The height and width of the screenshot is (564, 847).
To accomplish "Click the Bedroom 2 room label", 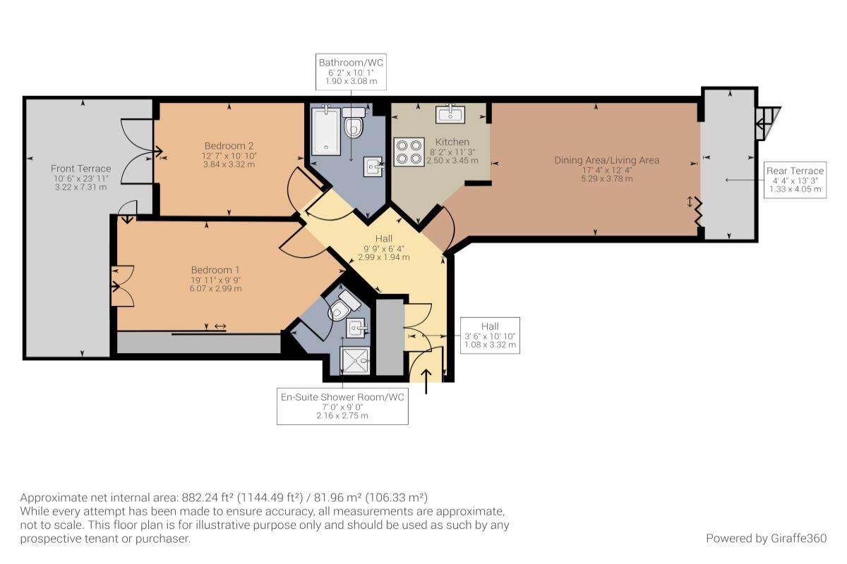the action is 229,146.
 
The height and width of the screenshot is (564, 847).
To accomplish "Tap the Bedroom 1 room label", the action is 215,270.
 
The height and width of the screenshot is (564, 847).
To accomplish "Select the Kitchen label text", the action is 452,142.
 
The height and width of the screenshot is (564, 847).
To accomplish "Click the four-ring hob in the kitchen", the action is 409,152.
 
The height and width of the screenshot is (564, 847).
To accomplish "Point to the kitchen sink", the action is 450,114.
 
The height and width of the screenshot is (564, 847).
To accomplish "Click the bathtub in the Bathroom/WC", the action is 325,130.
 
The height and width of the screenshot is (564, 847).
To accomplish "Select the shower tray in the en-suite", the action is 355,361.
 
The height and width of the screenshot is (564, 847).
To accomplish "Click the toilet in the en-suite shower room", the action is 344,306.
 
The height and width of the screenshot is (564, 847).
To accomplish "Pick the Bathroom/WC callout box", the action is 351,72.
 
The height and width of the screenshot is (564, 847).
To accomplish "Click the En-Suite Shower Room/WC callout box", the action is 342,406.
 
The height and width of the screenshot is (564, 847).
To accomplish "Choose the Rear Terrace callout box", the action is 795,180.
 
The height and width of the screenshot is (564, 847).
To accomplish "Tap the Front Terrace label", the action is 81,168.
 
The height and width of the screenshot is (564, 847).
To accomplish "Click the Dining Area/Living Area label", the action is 607,160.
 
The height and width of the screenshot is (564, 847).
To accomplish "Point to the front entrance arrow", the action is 426,381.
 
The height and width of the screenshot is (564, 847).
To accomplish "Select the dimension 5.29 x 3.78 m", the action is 607,178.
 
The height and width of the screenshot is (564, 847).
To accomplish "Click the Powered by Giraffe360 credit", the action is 766,539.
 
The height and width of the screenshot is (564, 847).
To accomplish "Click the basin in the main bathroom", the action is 373,166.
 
